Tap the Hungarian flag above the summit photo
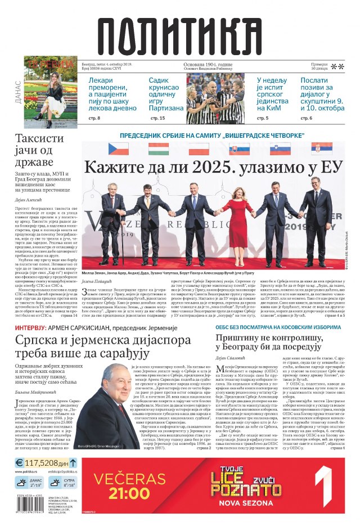click(x=158, y=149)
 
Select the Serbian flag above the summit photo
click(x=322, y=149)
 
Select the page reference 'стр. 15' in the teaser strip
click(x=158, y=118)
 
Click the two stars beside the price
click(x=337, y=67)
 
